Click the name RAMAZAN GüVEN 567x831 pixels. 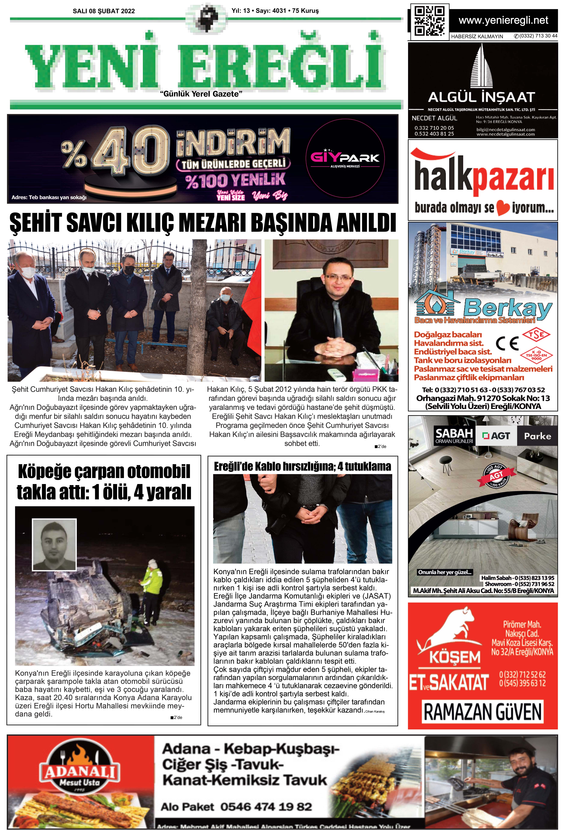pos(483,712)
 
